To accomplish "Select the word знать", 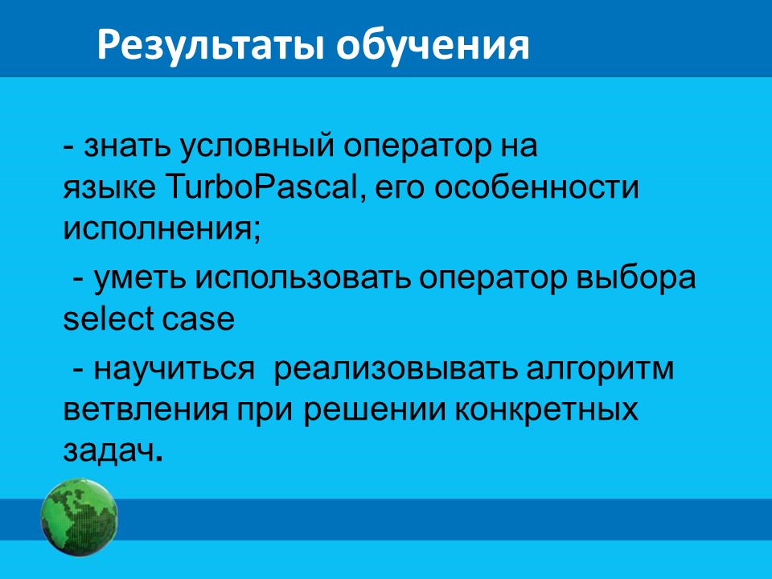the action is point(126,146).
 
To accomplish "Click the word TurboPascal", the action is point(264,187).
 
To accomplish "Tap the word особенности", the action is point(536,187).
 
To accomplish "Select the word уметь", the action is point(139,279).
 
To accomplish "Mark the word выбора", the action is point(635,277).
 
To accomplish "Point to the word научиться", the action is point(174,369).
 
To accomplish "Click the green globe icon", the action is point(80,517).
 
